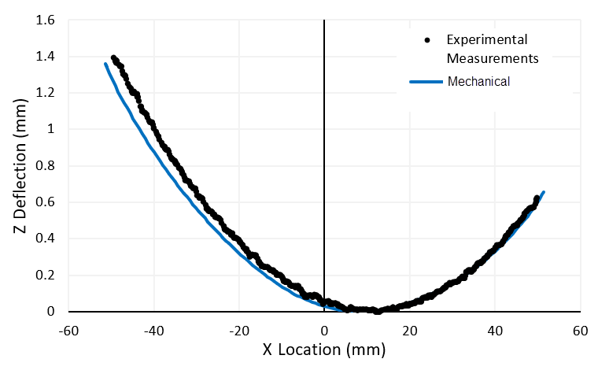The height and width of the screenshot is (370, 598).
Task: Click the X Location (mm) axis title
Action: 324,349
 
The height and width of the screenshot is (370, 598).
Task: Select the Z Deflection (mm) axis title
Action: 21,166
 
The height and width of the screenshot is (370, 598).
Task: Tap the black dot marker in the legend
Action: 426,39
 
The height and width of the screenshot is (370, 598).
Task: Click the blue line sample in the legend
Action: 426,80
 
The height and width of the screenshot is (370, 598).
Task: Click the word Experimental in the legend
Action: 486,39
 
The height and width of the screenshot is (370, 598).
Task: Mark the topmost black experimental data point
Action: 114,58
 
